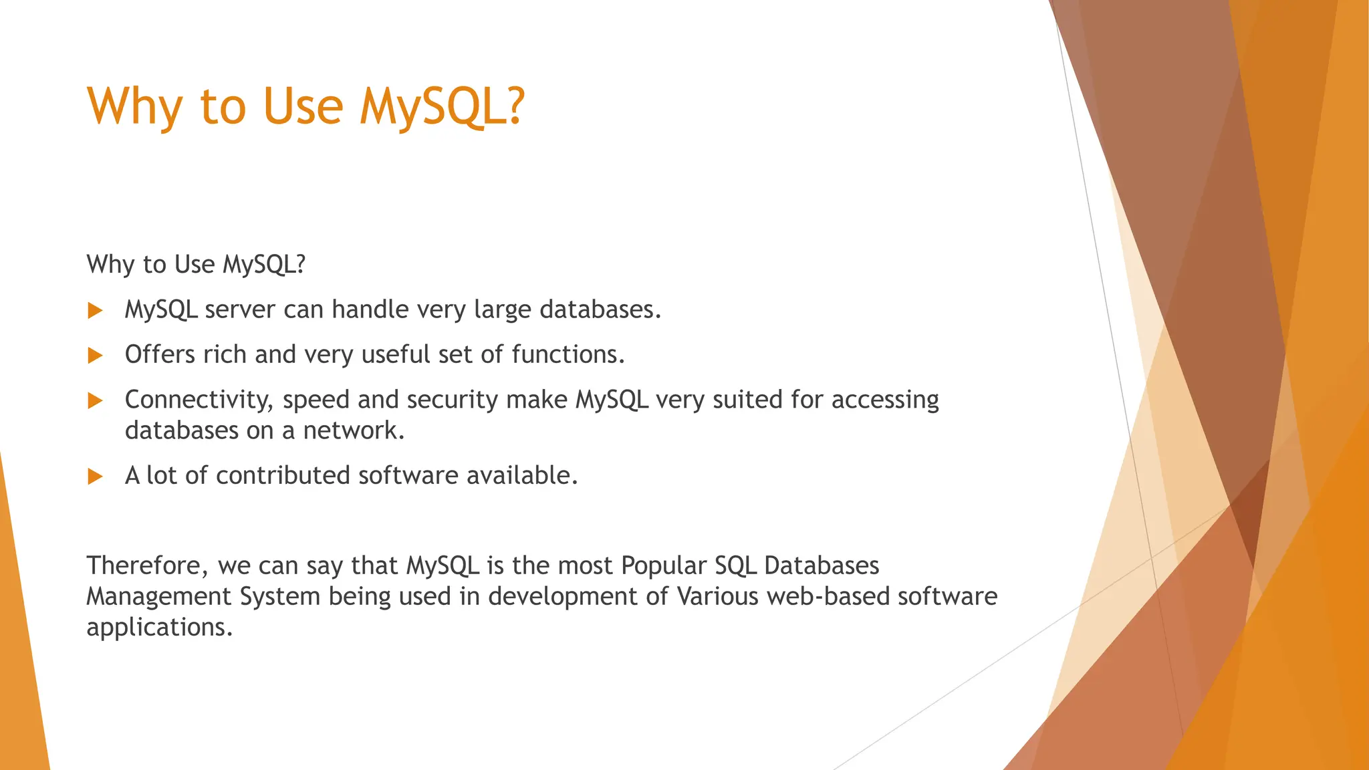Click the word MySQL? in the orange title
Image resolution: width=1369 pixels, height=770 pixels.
442,107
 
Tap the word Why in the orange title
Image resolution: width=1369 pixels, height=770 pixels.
134,107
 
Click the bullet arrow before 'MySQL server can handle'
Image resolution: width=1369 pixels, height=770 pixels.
96,310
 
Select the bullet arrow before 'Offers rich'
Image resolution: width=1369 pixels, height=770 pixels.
96,356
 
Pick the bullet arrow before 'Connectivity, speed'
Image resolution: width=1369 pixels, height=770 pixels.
96,400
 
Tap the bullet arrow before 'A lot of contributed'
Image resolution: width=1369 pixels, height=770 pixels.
96,477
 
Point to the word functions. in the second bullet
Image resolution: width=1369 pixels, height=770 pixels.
568,354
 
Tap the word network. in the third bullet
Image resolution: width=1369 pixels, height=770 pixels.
354,430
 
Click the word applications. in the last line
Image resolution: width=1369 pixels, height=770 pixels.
159,628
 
